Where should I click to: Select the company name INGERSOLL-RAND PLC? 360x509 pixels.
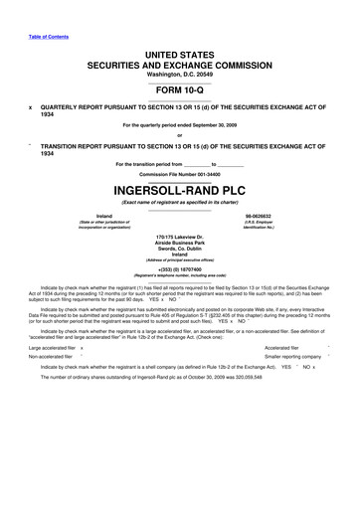pos(179,188)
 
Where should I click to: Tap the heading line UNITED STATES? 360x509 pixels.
pos(179,51)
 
